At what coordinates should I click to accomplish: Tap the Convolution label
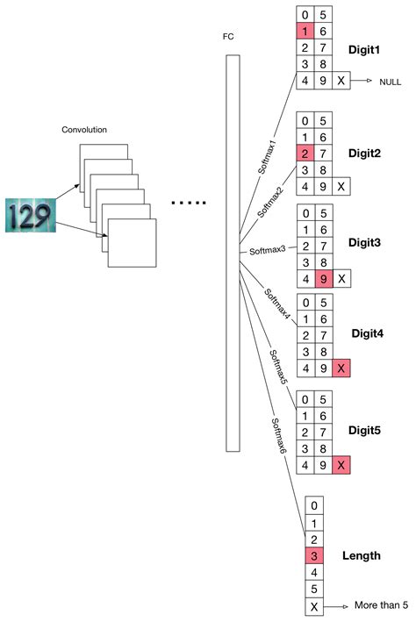point(84,130)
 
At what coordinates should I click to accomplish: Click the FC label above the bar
point(230,38)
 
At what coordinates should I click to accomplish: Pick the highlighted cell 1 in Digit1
point(304,32)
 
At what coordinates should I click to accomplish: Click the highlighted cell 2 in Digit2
point(304,154)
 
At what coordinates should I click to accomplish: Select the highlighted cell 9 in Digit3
point(323,278)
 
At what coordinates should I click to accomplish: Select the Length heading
point(362,555)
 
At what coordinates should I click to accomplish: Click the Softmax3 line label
point(269,251)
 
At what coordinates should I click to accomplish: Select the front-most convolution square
point(132,242)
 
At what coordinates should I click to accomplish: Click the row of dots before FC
point(187,204)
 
